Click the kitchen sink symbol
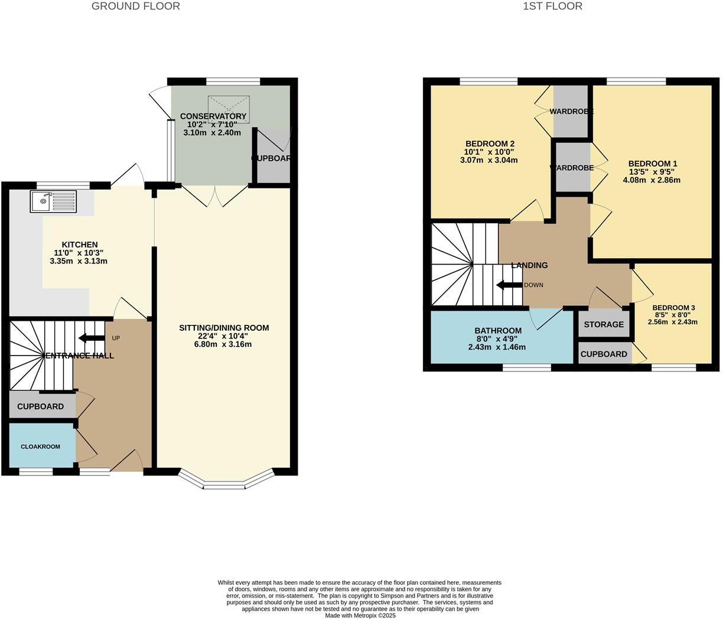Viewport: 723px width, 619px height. pos(53,201)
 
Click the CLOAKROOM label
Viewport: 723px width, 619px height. pos(41,447)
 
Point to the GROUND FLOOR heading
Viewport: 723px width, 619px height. pos(136,6)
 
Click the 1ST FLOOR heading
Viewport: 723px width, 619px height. pos(552,6)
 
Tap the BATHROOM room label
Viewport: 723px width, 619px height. pos(498,331)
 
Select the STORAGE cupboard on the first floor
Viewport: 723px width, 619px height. pos(604,324)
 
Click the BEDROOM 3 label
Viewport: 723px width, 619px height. pos(673,308)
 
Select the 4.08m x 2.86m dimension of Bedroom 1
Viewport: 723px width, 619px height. pos(652,180)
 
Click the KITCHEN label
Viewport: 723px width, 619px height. pos(80,245)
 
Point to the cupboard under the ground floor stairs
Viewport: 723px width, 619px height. pos(41,406)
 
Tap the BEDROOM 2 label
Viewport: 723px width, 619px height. pos(490,144)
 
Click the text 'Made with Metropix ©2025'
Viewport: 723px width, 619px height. pos(360,615)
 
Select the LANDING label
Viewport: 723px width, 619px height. pos(529,265)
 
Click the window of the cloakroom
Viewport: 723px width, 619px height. pos(35,471)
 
